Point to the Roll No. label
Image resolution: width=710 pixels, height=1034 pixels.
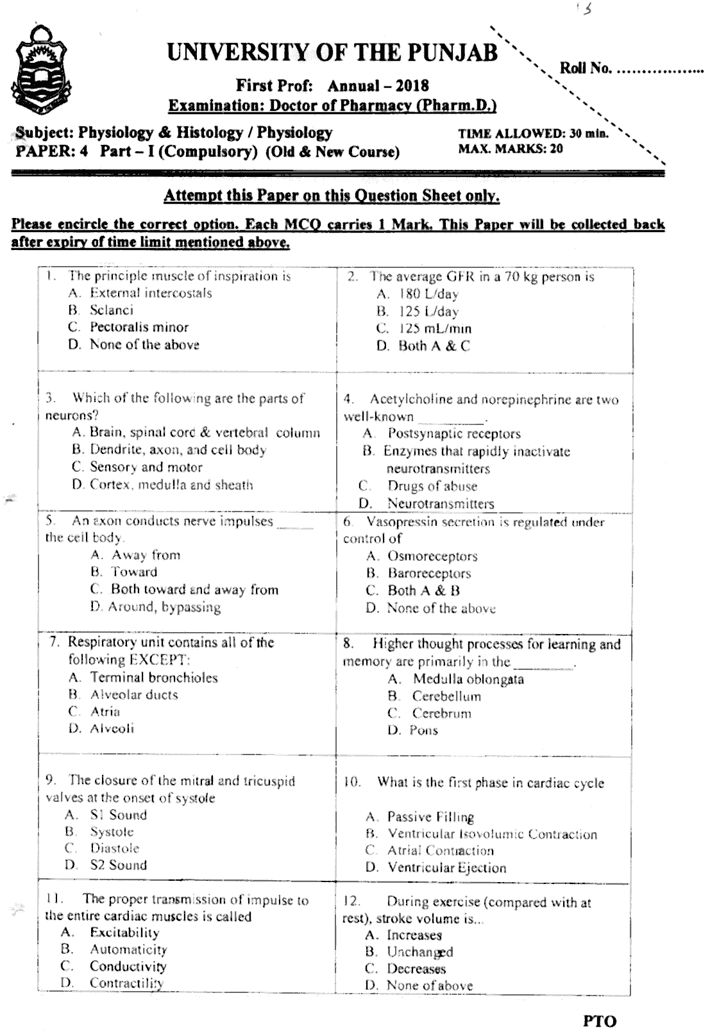click(x=586, y=69)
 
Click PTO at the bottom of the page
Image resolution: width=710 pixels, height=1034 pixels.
click(x=600, y=1021)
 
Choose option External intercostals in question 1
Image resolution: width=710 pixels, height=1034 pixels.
click(x=151, y=293)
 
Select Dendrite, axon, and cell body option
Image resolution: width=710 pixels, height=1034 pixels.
click(x=178, y=449)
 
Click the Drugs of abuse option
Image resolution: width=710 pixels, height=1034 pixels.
click(x=432, y=486)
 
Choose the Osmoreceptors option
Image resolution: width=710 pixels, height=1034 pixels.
click(x=432, y=556)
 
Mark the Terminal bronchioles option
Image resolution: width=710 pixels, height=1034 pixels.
click(x=154, y=678)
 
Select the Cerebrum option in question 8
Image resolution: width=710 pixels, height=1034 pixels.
click(x=441, y=713)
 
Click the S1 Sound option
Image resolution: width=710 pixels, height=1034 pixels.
click(x=118, y=815)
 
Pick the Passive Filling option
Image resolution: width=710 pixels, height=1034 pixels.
click(x=430, y=817)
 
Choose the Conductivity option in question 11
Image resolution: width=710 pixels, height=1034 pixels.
click(x=128, y=966)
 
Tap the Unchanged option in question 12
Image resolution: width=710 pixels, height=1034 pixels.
click(x=420, y=952)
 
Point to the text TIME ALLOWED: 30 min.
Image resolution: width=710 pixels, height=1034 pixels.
click(x=532, y=134)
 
